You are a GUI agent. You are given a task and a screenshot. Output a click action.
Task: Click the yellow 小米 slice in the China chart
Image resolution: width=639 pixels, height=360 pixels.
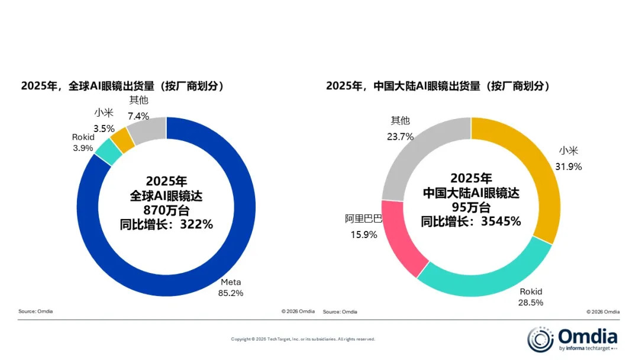[532, 172]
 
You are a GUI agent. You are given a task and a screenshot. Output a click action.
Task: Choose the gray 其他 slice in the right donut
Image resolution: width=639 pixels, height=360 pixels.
[414, 154]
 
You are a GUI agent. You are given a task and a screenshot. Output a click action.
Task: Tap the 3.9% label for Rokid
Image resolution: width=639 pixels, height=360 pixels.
[83, 148]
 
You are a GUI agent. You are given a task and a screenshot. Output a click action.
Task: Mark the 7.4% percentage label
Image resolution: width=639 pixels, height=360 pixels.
[138, 115]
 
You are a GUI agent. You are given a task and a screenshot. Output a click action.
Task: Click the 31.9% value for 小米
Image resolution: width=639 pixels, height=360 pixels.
[568, 166]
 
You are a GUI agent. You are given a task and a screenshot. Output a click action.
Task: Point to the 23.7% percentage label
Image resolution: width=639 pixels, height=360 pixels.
[400, 136]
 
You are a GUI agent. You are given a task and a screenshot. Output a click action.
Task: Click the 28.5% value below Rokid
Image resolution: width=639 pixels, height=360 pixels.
[530, 302]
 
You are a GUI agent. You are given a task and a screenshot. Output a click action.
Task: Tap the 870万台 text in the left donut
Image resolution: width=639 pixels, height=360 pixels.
[166, 210]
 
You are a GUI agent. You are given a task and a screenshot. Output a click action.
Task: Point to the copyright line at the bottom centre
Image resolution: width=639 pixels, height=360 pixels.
[303, 339]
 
